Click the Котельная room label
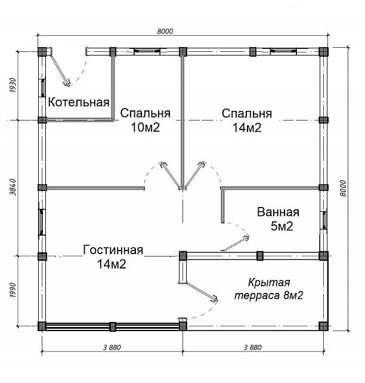[x=79, y=102]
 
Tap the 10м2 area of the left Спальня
[x=146, y=127]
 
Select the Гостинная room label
[x=113, y=250]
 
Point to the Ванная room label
[x=278, y=212]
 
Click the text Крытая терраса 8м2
[x=269, y=289]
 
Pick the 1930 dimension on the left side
[x=13, y=85]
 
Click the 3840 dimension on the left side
[x=13, y=187]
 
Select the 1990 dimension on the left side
[x=13, y=290]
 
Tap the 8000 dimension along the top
[x=165, y=31]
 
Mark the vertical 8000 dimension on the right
[x=343, y=188]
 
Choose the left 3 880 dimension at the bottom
[x=112, y=347]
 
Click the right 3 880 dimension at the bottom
[x=253, y=347]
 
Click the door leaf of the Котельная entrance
[x=60, y=70]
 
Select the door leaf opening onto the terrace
[x=202, y=292]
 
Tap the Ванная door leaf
[x=235, y=243]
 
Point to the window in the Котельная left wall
[x=42, y=88]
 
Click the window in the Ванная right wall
[x=324, y=220]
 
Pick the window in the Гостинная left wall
[x=42, y=223]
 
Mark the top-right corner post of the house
[x=323, y=51]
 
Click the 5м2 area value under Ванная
[x=282, y=226]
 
